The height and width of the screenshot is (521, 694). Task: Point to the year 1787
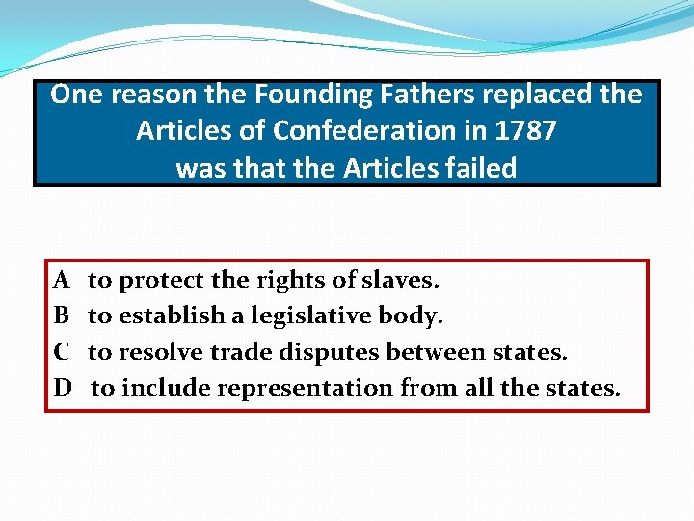tap(528, 131)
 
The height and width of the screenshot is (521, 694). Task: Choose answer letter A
tap(61, 281)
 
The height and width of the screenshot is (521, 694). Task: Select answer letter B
tap(61, 316)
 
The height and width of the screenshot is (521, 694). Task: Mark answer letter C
tap(61, 352)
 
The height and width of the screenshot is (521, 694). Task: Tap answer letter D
tap(62, 388)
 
